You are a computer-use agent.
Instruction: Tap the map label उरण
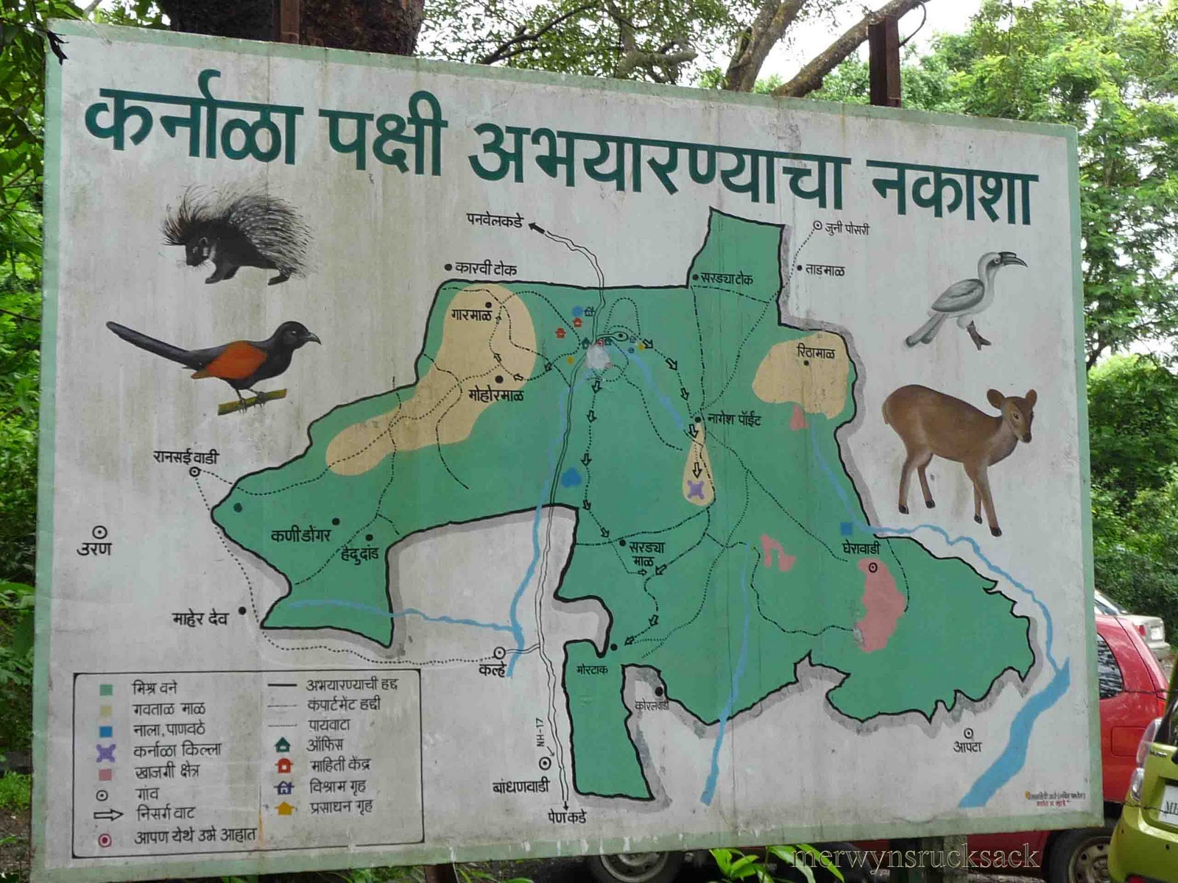(x=94, y=549)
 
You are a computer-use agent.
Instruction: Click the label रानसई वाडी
(x=186, y=456)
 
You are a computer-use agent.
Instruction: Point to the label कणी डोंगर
(x=300, y=536)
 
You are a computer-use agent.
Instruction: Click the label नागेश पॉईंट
(x=734, y=419)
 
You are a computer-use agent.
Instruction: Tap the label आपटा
(x=967, y=747)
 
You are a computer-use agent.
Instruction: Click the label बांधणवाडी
(x=521, y=786)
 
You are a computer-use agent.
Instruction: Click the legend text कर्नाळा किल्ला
(x=177, y=751)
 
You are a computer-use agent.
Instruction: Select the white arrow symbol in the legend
(x=107, y=815)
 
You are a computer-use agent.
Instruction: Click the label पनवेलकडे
(x=494, y=219)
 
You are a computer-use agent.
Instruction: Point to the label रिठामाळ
(x=816, y=353)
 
